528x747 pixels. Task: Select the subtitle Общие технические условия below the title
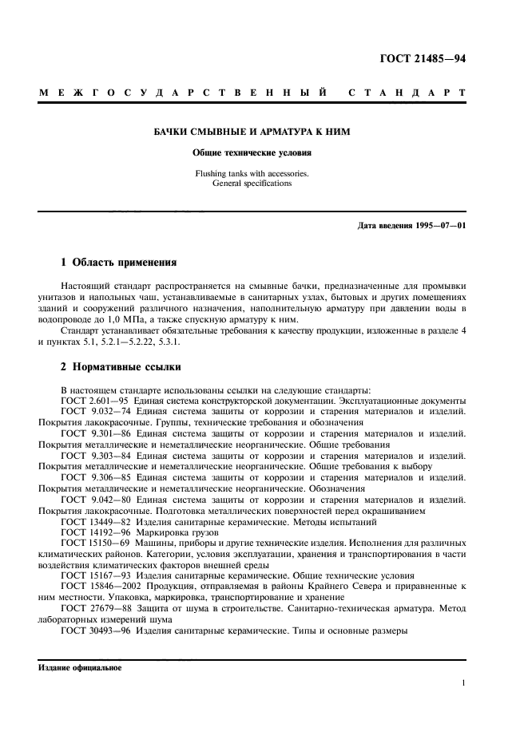click(252, 152)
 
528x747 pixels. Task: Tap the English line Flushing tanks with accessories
click(252, 173)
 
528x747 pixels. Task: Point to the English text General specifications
click(252, 183)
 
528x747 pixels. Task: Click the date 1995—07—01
click(439, 225)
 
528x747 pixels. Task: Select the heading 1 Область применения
click(119, 262)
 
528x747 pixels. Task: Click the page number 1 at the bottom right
click(463, 683)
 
